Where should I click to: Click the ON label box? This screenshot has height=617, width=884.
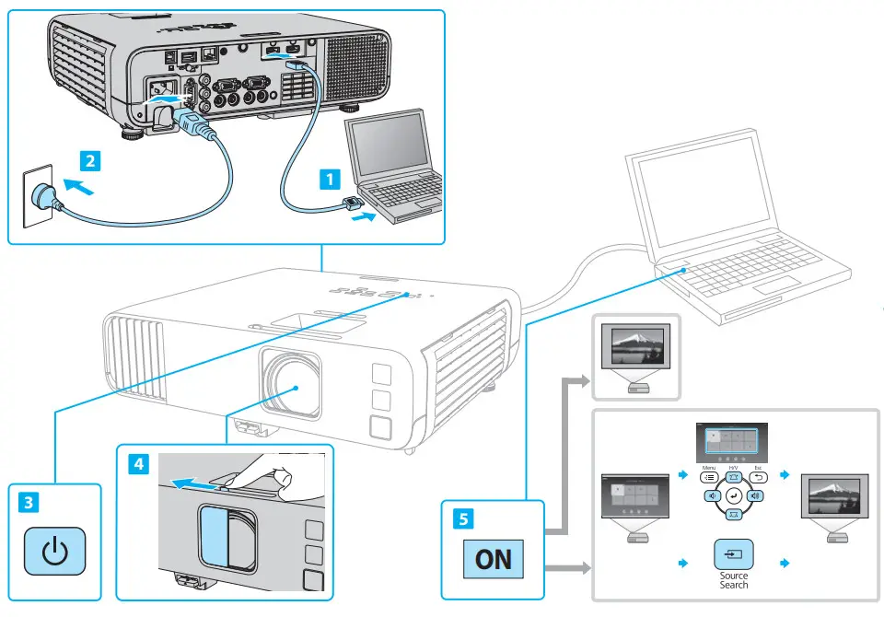click(494, 559)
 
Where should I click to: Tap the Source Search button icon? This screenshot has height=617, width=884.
click(734, 555)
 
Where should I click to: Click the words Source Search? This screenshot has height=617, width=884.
click(734, 580)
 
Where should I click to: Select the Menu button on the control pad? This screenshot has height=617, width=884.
click(709, 478)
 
